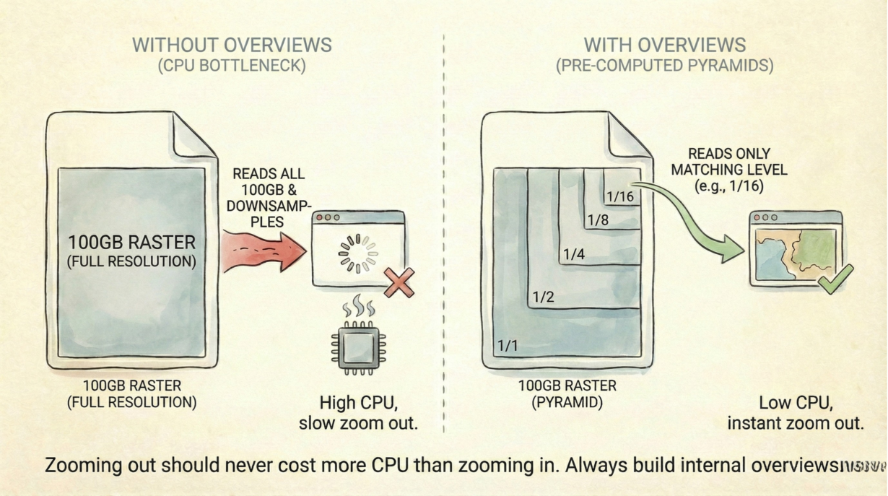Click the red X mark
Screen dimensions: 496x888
point(399,282)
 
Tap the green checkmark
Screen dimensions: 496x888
point(835,279)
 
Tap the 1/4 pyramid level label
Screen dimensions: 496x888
point(574,254)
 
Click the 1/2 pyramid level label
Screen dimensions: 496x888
point(544,296)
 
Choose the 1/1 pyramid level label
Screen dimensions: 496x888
point(508,346)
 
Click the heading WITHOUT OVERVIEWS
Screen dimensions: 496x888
point(232,44)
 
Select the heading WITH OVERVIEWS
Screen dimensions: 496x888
point(664,44)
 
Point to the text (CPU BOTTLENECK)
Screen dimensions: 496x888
point(232,66)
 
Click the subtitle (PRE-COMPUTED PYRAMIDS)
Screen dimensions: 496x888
point(664,66)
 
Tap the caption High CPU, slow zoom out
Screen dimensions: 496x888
point(358,412)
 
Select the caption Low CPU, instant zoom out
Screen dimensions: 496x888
point(795,412)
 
